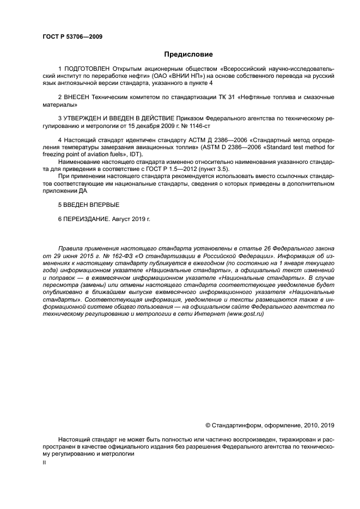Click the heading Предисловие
(188, 54)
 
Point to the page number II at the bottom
(44, 462)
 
